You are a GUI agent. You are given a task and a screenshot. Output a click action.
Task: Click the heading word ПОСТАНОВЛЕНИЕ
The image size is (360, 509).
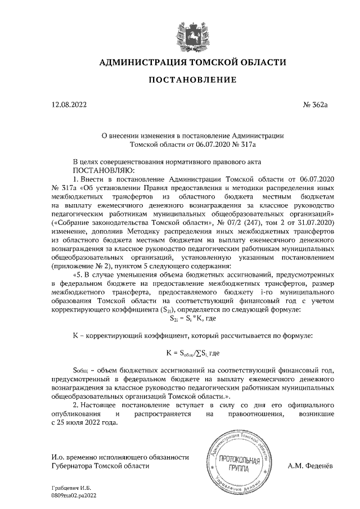[x=192, y=80]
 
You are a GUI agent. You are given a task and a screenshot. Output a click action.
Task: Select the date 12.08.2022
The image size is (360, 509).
[x=69, y=105]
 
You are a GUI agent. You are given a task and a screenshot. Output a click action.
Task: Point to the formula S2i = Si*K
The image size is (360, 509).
[x=192, y=318]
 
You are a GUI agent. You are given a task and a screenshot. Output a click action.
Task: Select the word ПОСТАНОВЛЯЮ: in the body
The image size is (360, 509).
[x=102, y=169]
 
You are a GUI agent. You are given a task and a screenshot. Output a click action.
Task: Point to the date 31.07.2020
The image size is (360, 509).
[x=314, y=223]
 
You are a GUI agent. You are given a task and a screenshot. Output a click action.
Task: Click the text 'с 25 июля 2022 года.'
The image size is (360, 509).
[x=85, y=423]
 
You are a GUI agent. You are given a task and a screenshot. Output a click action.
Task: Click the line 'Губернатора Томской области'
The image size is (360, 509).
[x=100, y=466]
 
